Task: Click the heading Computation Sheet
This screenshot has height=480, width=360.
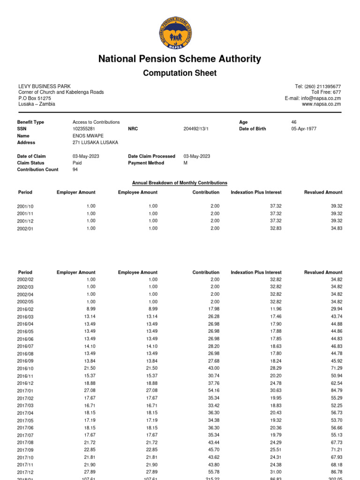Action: click(180, 73)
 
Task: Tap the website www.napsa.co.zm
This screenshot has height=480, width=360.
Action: click(321, 104)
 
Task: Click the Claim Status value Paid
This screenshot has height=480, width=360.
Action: click(77, 163)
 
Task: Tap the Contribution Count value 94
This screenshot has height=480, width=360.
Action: click(75, 170)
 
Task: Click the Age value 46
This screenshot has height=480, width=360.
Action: click(294, 122)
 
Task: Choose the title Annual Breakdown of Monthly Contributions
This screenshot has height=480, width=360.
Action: click(180, 183)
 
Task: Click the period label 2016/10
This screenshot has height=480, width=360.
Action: click(25, 369)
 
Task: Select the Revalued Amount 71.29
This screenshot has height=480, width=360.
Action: click(336, 369)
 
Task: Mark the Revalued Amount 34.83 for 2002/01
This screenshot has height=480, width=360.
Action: click(336, 228)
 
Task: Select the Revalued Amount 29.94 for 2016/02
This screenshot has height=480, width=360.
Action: click(336, 309)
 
